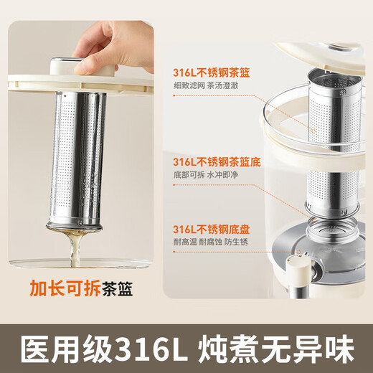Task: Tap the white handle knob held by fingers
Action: pyautogui.click(x=79, y=65)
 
